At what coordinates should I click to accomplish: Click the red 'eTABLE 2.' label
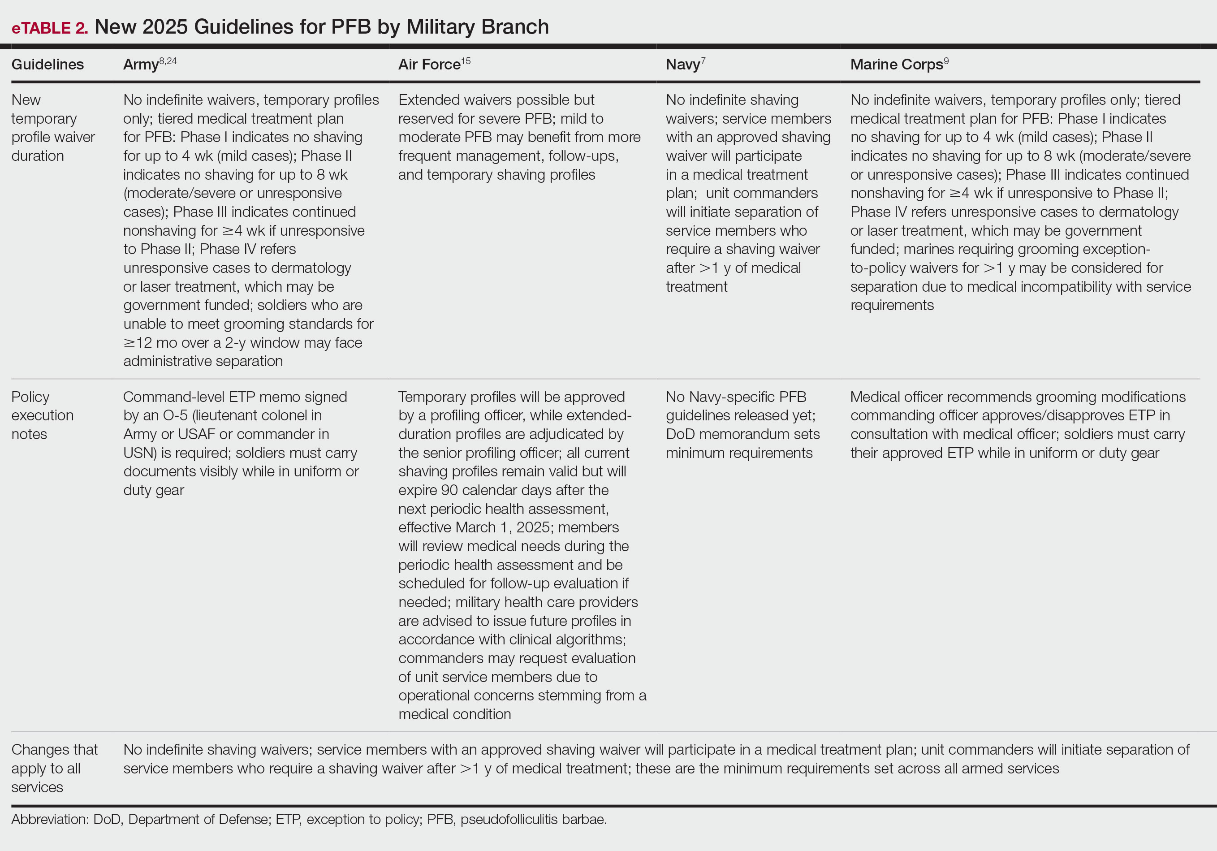(x=49, y=28)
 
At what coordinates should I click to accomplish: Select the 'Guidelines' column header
(x=47, y=65)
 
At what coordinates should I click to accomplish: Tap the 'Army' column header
(x=140, y=65)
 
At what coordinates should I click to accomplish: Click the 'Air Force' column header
(x=429, y=65)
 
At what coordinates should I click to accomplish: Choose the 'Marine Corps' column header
(x=896, y=65)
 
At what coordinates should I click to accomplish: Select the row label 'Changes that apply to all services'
(x=54, y=768)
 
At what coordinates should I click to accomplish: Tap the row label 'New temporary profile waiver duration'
(x=52, y=128)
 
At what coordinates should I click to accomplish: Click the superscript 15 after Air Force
(x=466, y=61)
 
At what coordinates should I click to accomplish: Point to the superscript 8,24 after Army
(x=168, y=61)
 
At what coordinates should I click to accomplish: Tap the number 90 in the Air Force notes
(x=449, y=490)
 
